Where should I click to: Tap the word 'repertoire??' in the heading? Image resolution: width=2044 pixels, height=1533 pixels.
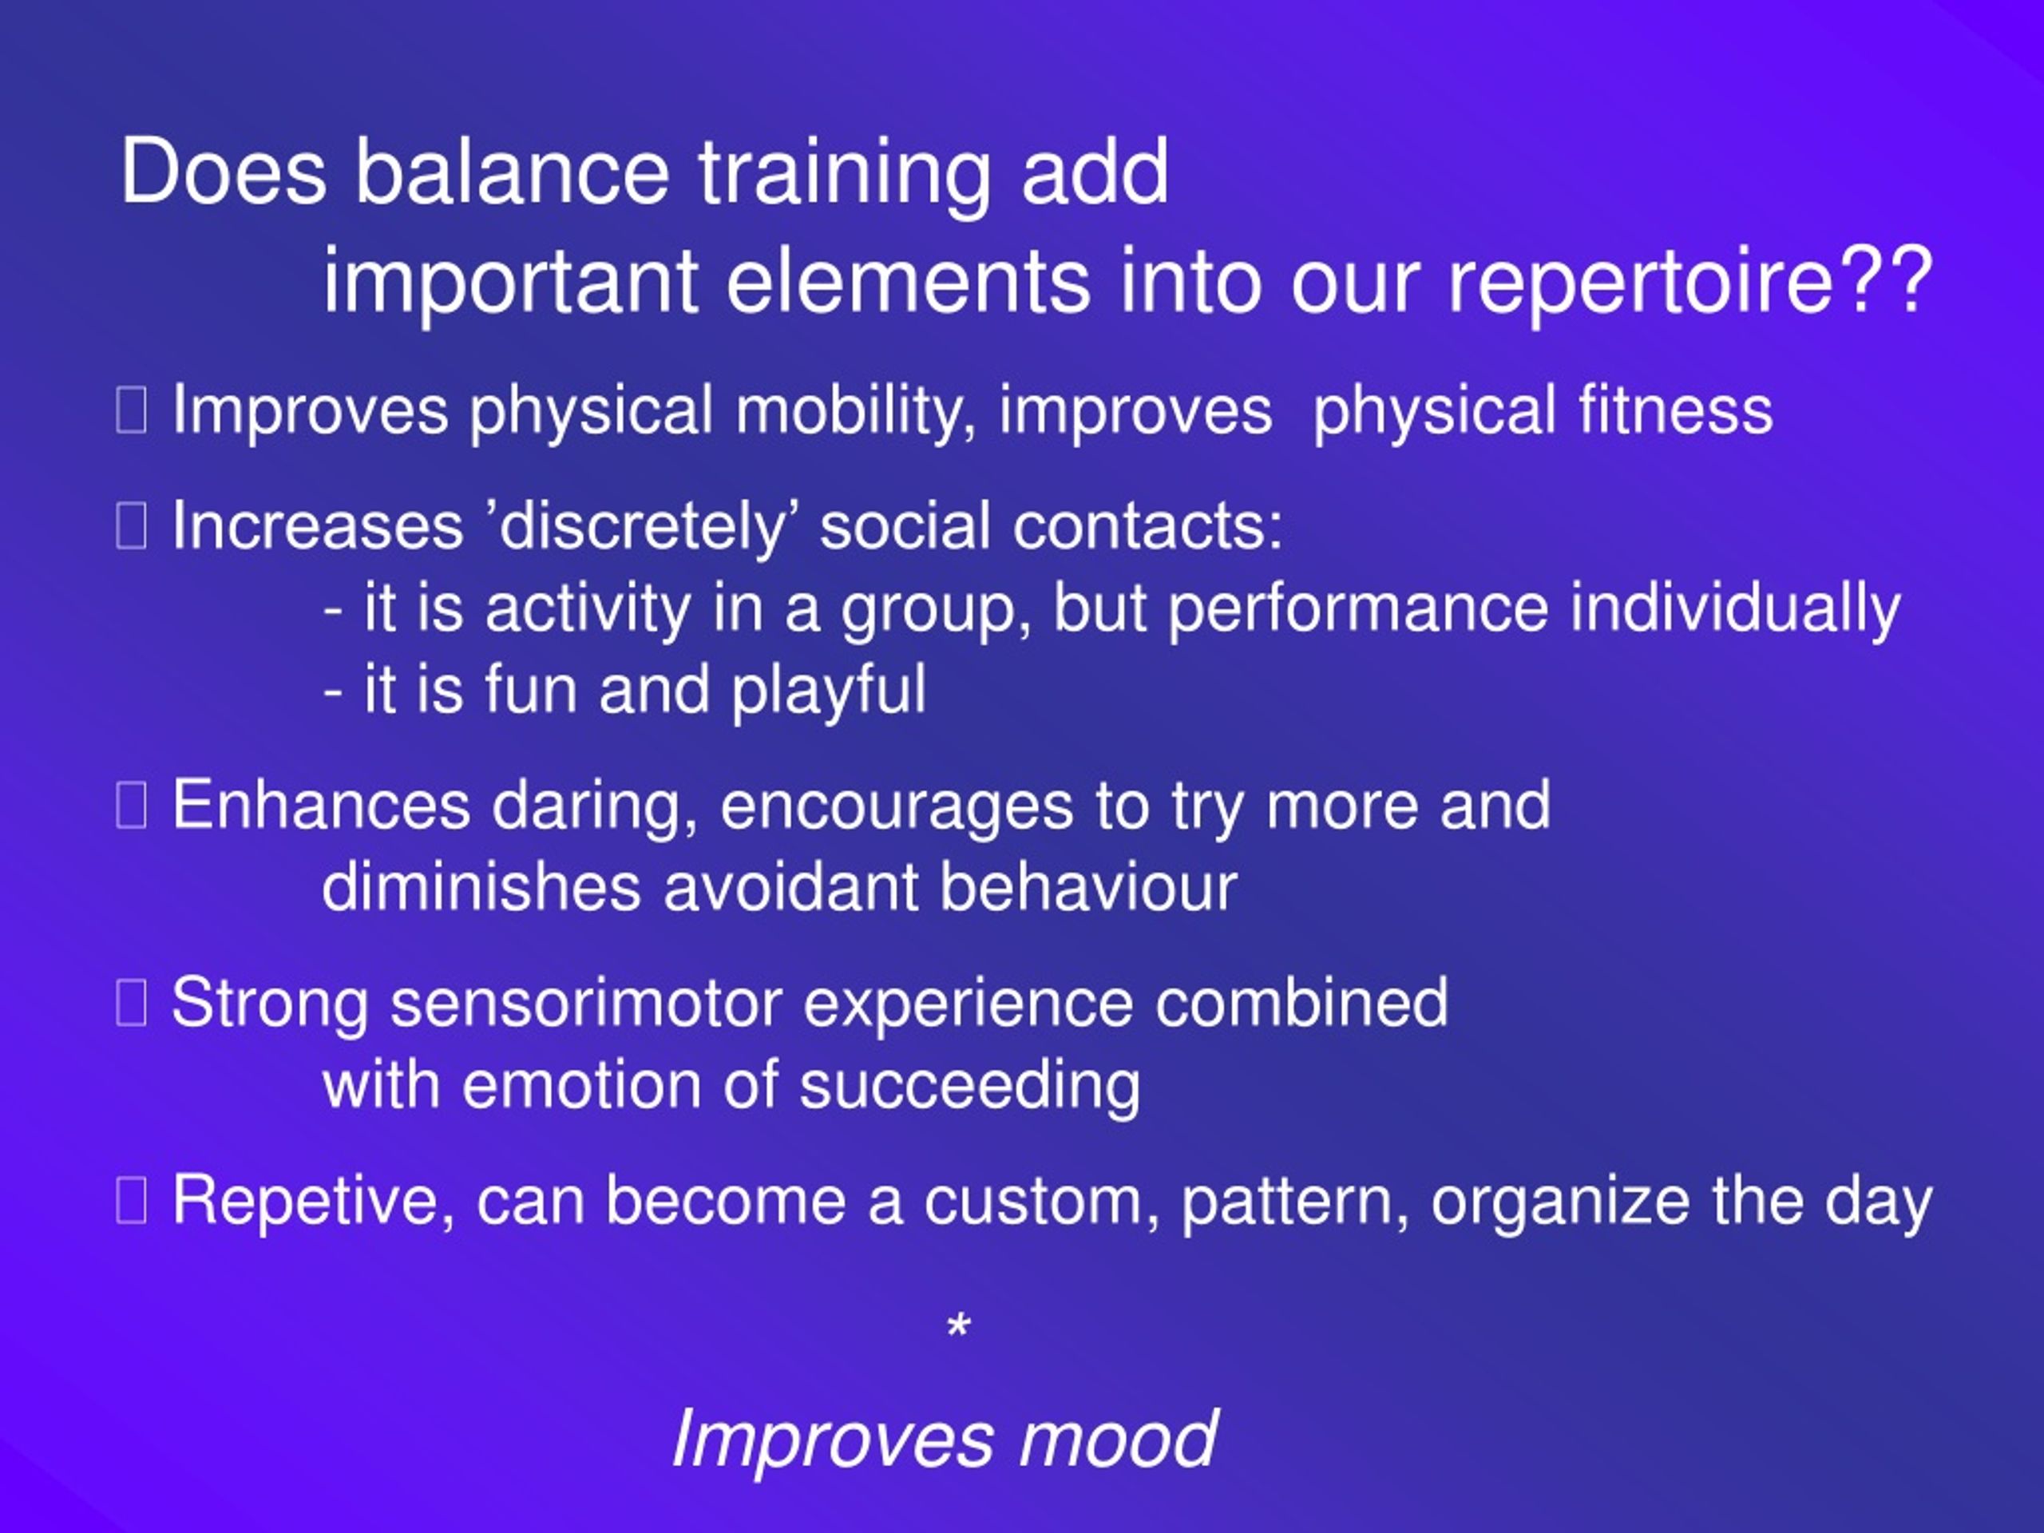tap(1690, 280)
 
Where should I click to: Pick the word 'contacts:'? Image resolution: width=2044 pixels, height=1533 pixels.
tap(1147, 526)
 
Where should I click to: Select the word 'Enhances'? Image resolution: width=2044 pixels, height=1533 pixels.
tap(322, 805)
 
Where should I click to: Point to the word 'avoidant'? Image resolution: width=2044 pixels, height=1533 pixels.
tap(790, 887)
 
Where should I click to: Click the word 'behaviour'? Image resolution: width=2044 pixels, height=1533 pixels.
tap(1088, 887)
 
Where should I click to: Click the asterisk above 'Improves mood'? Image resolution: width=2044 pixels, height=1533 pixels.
tap(959, 1326)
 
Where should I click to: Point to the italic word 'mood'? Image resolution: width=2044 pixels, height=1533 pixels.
tap(1117, 1438)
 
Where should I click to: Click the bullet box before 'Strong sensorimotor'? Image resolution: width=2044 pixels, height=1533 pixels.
tap(131, 1004)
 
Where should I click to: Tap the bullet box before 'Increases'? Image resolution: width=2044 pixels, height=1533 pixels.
tap(131, 527)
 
